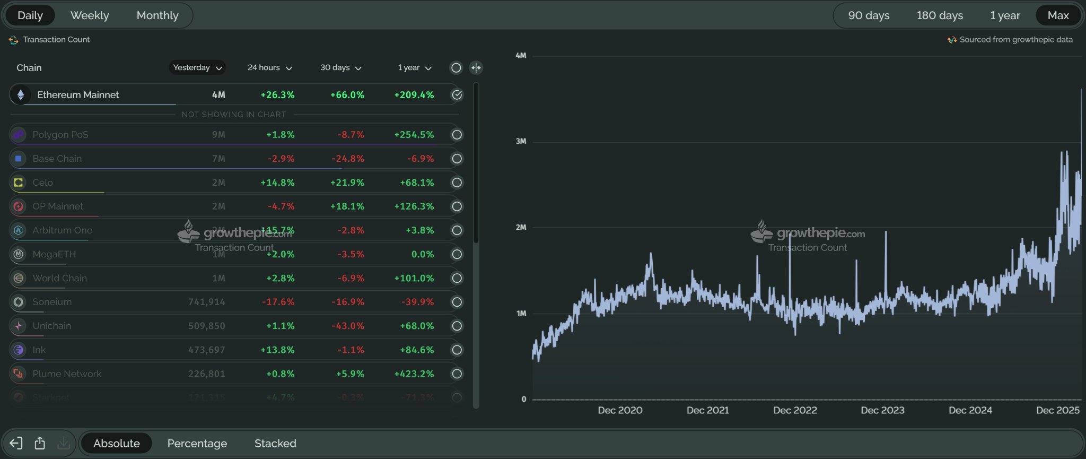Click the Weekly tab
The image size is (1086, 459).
click(x=90, y=15)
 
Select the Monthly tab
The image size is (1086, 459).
click(x=157, y=15)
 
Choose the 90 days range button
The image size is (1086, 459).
click(x=869, y=15)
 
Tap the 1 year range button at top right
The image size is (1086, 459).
click(x=1004, y=15)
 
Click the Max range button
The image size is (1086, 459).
click(x=1058, y=15)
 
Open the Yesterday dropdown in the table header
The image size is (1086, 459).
click(x=197, y=67)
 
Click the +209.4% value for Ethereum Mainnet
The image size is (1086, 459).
click(x=414, y=95)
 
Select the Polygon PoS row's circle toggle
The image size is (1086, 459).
click(x=457, y=135)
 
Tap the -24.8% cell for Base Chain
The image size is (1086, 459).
click(x=347, y=159)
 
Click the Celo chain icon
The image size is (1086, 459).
click(x=19, y=183)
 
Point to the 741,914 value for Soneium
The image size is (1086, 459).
click(x=206, y=302)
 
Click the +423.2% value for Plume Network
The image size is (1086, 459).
click(x=414, y=374)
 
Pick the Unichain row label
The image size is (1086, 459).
click(x=51, y=326)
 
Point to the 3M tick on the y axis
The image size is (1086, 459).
click(x=521, y=141)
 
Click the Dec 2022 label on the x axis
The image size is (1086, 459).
click(x=795, y=410)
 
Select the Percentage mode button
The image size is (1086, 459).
click(x=197, y=443)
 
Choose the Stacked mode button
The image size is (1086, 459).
click(x=275, y=443)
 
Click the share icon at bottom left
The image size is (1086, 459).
click(x=40, y=443)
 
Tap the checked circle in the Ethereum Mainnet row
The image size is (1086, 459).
click(x=457, y=95)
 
